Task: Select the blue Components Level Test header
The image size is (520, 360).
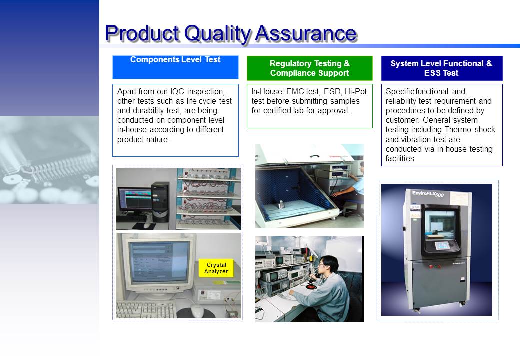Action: pyautogui.click(x=175, y=67)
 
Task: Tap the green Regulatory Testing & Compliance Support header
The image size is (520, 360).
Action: pyautogui.click(x=309, y=68)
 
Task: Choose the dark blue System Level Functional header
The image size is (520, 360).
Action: pyautogui.click(x=441, y=68)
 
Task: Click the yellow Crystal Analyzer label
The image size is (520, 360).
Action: pyautogui.click(x=216, y=268)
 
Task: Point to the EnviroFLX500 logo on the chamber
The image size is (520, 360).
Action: pyautogui.click(x=428, y=194)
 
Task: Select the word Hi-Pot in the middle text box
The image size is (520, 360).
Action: pyautogui.click(x=356, y=92)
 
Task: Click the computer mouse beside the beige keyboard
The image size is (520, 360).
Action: pyautogui.click(x=197, y=311)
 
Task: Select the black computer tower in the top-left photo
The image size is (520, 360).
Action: pyautogui.click(x=160, y=202)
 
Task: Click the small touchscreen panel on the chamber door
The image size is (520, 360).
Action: pyautogui.click(x=442, y=246)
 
